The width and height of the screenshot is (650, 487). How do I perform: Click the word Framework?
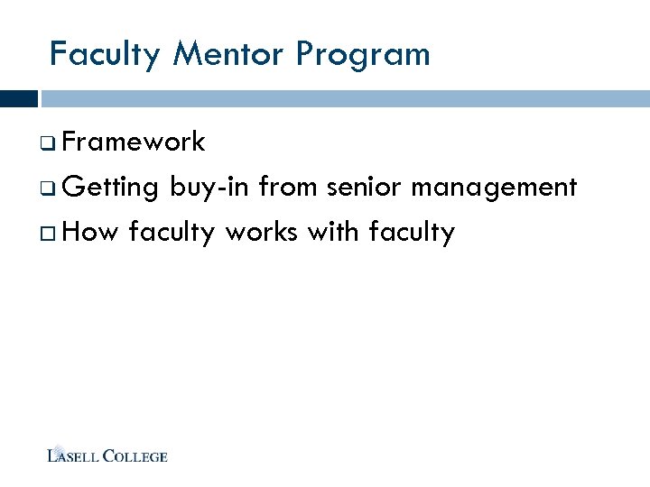coord(135,142)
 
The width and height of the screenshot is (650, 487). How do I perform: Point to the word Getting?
coord(112,188)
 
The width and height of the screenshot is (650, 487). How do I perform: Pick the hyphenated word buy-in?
coord(209,188)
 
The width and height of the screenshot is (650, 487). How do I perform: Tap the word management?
coord(496,188)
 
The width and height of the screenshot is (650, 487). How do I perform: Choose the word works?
coord(263,232)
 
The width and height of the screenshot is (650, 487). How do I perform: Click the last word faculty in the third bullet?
coord(413,234)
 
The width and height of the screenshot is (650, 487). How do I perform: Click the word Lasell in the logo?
coord(73,456)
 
